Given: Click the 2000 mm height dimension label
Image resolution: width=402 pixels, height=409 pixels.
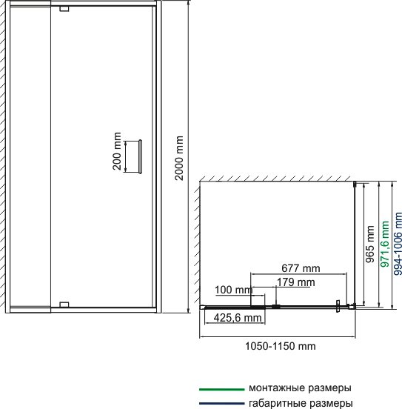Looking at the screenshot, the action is pyautogui.click(x=179, y=158).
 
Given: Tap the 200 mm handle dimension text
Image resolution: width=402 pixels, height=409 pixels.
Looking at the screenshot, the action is pyautogui.click(x=117, y=151).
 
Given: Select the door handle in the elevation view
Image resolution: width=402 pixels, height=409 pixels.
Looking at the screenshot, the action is pyautogui.click(x=140, y=156).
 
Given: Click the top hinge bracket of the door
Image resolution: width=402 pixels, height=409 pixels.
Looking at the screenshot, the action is pyautogui.click(x=64, y=9).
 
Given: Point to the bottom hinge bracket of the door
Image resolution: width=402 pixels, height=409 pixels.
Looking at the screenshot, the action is pyautogui.click(x=64, y=305).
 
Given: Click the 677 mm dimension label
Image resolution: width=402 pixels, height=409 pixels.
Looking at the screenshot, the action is pyautogui.click(x=301, y=268).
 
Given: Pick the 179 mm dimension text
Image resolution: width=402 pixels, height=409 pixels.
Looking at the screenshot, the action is pyautogui.click(x=295, y=282).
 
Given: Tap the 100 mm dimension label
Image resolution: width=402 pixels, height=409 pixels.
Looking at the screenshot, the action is pyautogui.click(x=234, y=290).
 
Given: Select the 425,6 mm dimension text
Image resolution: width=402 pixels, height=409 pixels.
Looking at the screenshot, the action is pyautogui.click(x=238, y=318).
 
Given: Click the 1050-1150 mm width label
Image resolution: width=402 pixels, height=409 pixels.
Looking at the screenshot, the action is pyautogui.click(x=281, y=346).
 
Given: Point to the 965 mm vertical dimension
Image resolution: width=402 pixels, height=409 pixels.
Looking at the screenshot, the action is pyautogui.click(x=369, y=245).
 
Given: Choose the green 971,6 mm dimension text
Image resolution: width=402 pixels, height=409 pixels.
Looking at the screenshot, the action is pyautogui.click(x=385, y=245).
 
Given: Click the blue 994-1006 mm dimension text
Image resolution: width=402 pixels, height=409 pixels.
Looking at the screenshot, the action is pyautogui.click(x=398, y=245).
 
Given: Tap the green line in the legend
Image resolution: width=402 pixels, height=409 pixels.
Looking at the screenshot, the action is pyautogui.click(x=222, y=390).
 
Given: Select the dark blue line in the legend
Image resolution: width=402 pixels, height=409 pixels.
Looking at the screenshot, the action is pyautogui.click(x=222, y=403).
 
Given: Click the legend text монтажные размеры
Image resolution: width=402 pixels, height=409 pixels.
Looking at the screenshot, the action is pyautogui.click(x=300, y=388).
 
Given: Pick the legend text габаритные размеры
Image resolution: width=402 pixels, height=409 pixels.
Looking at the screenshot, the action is pyautogui.click(x=301, y=403).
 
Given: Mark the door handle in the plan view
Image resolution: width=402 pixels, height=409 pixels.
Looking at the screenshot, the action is pyautogui.click(x=338, y=306).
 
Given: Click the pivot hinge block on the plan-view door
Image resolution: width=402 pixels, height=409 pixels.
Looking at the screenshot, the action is pyautogui.click(x=276, y=306).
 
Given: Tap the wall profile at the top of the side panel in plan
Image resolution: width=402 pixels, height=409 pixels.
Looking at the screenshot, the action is pyautogui.click(x=355, y=184).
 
